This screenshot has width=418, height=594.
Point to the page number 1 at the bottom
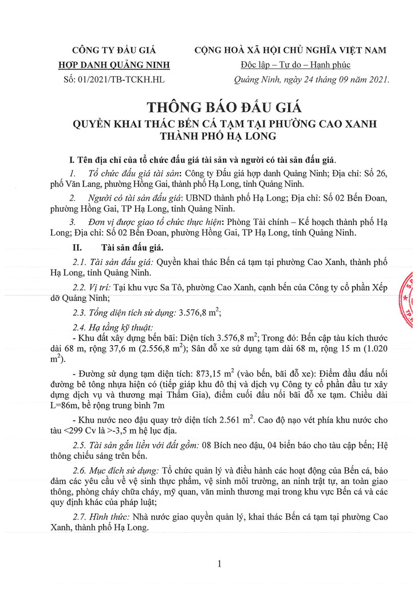coord(219,565)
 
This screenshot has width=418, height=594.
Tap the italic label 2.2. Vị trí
coord(92,286)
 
